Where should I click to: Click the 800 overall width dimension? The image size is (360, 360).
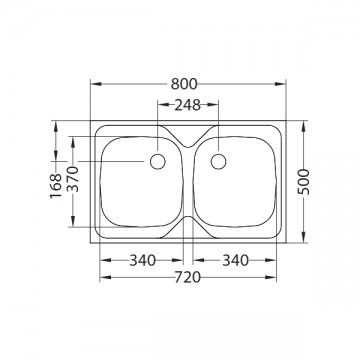coord(184,84)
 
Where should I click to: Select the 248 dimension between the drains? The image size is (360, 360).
coord(188,105)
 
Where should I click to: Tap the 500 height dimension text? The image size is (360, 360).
coord(304,182)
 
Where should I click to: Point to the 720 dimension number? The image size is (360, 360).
coord(188,277)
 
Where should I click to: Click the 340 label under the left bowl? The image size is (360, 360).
coord(143,260)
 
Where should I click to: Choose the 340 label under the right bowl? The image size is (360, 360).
coord(236,260)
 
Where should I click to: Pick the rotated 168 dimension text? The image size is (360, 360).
coord(56,186)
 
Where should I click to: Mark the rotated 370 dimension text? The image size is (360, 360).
coord(73,179)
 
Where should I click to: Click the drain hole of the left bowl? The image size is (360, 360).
coord(158,162)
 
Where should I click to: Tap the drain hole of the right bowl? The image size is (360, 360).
coord(218,162)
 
